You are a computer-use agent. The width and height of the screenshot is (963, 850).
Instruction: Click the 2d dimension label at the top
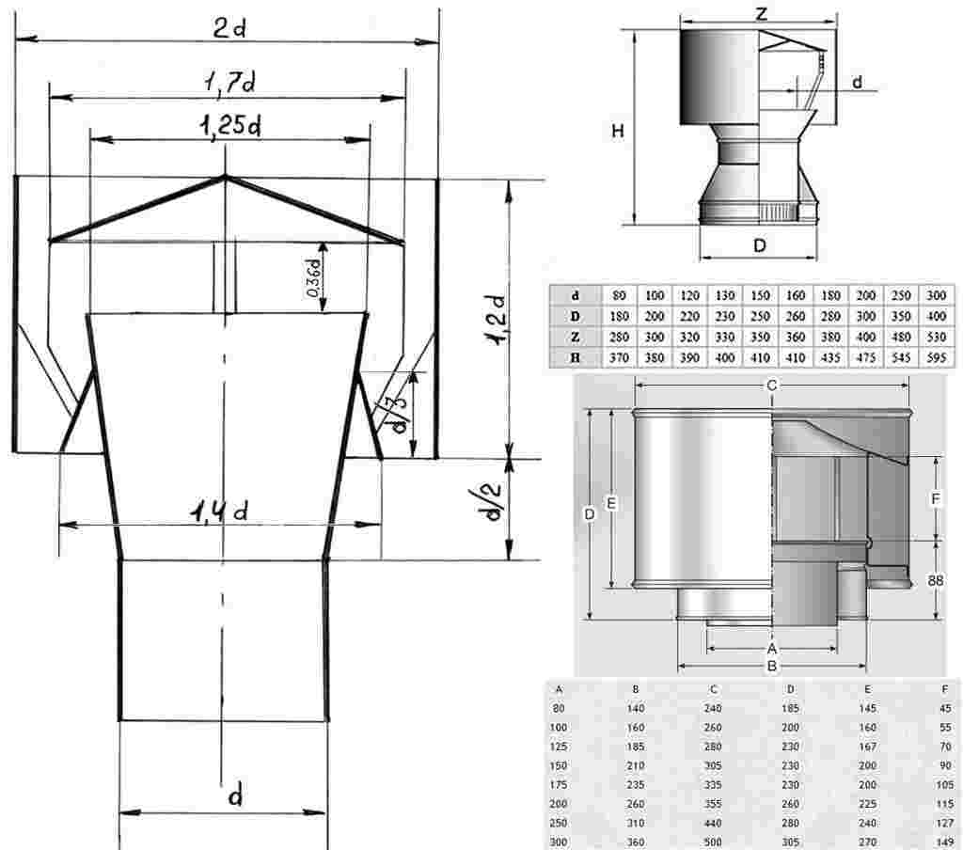(x=229, y=28)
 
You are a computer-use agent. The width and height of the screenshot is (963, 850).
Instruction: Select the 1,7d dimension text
(x=229, y=83)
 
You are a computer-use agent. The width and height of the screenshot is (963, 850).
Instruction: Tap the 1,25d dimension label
(x=229, y=126)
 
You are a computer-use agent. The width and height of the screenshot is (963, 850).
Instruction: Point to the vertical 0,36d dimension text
(x=313, y=278)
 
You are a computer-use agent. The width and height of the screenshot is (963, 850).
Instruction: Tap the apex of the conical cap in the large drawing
(x=225, y=177)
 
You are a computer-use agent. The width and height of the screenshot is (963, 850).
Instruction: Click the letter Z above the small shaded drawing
(x=762, y=13)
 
